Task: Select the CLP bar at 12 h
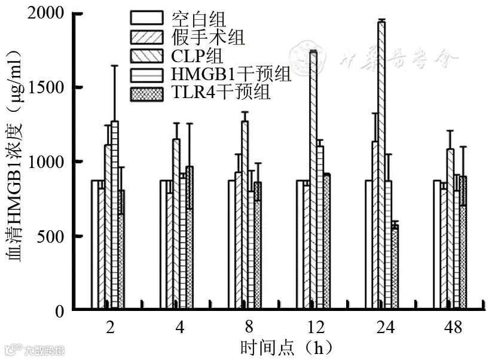313,179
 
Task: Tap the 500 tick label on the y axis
51,236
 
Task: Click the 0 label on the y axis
59,311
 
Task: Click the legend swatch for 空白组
146,19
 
